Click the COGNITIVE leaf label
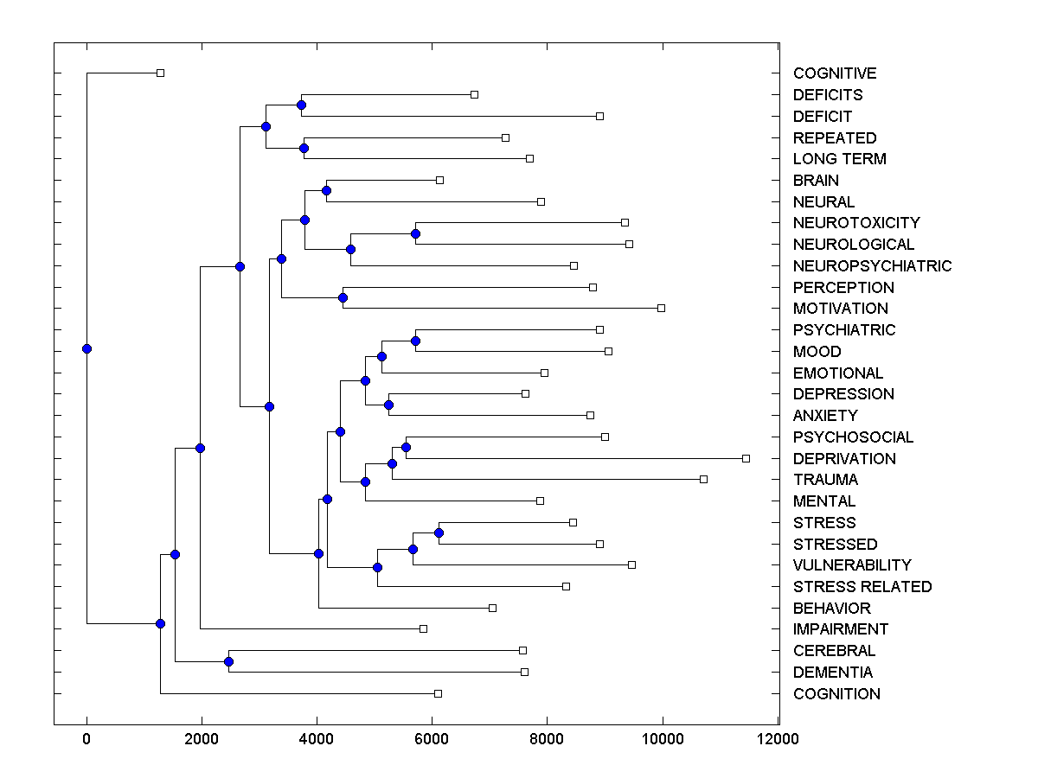[x=835, y=73]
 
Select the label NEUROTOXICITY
[x=856, y=223]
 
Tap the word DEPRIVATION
[x=844, y=458]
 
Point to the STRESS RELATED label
[x=862, y=587]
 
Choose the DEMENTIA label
[x=833, y=673]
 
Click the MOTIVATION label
[x=840, y=309]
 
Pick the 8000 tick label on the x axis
[x=548, y=738]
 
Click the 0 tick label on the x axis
[x=86, y=738]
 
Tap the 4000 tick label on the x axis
[x=317, y=738]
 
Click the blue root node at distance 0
[x=86, y=348]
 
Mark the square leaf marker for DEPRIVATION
[x=746, y=458]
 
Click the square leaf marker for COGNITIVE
[x=160, y=73]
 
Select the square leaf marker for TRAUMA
[x=703, y=479]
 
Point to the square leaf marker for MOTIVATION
[x=661, y=308]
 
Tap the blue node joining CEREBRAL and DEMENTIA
[x=228, y=661]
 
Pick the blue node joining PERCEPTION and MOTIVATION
[x=343, y=297]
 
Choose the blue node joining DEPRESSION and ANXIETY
[x=388, y=405]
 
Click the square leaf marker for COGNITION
[x=438, y=693]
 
